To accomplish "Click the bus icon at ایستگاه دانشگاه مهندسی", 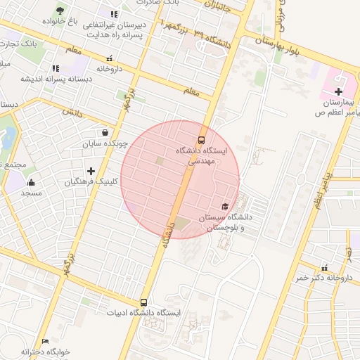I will click(x=202, y=139).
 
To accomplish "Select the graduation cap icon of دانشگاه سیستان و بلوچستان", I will click(x=224, y=206).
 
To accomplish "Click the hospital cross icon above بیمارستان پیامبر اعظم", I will click(x=338, y=91).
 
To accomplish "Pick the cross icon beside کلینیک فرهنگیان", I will click(x=91, y=171).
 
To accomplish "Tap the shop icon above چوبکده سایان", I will click(x=105, y=132).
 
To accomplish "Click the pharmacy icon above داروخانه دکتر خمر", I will click(x=324, y=267).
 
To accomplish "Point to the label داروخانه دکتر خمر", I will click(x=323, y=278).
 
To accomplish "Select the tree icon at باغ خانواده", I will click(x=60, y=11).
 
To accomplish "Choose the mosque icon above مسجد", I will click(x=30, y=181).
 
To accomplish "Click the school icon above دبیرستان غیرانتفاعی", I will click(x=113, y=14).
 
